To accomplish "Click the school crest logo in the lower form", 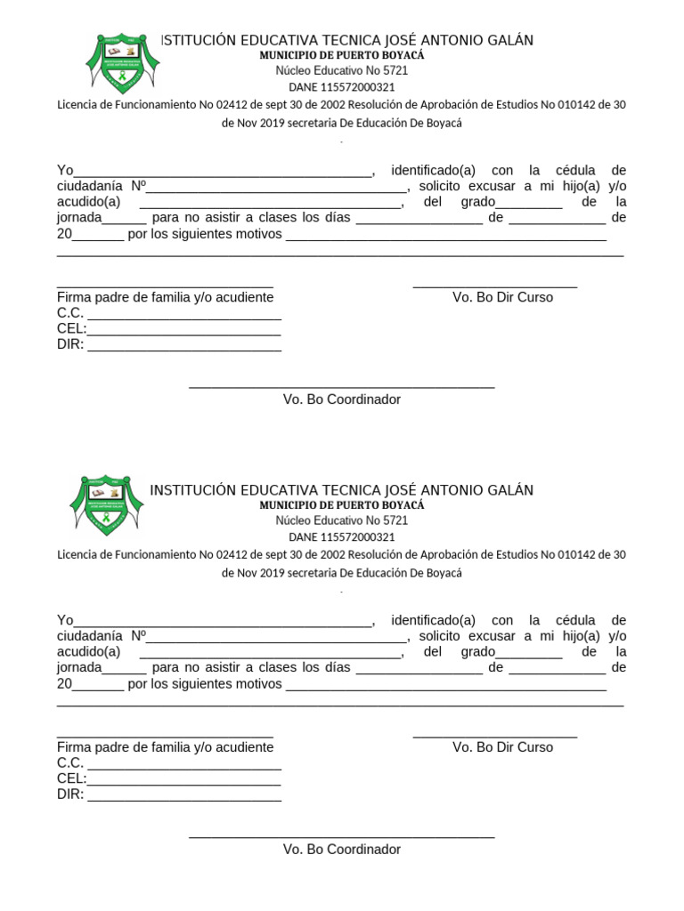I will (x=107, y=503).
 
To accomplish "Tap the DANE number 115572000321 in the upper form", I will (x=342, y=87).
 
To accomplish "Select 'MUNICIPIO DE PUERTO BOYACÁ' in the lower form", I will (x=342, y=504).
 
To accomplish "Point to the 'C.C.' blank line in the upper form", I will (x=184, y=317).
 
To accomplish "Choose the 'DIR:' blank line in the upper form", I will (x=184, y=349).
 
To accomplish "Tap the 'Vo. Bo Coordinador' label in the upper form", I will (x=342, y=399).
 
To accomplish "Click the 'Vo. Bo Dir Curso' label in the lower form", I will (x=502, y=747).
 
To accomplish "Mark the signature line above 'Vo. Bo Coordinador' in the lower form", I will (x=342, y=836).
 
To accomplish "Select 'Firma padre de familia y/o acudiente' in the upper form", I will (x=166, y=297).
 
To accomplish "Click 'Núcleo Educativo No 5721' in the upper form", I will (x=342, y=71).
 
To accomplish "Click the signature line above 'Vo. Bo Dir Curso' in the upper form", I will (x=495, y=286).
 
